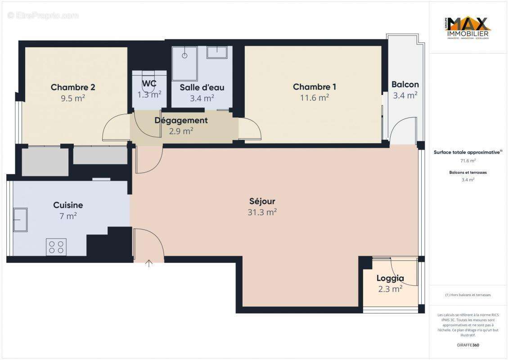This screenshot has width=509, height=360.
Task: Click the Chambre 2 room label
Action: coord(72,87)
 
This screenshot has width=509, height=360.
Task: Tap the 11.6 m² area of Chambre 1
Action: coord(314,98)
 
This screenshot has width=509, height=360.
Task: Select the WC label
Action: coord(149,84)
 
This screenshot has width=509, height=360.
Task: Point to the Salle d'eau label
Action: coord(202,87)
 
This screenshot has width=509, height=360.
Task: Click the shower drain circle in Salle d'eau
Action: coord(185,56)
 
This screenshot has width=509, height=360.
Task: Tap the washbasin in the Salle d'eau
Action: coord(217,52)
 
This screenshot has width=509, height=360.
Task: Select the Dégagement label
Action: coord(181,120)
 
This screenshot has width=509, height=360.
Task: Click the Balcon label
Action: coord(405,84)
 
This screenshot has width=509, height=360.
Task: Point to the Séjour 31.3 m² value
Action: coord(262,212)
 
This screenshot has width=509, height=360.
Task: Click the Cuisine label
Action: coord(68,205)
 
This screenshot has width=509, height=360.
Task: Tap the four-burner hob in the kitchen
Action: coord(56,247)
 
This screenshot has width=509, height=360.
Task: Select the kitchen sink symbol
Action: coord(20,220)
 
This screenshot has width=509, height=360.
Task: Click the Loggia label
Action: coord(390,278)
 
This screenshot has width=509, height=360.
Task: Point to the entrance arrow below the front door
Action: coord(149,264)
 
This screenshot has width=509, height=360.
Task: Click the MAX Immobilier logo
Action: coord(468,28)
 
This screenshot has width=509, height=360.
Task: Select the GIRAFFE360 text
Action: coord(468,345)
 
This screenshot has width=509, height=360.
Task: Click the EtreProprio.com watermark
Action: coord(43,15)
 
